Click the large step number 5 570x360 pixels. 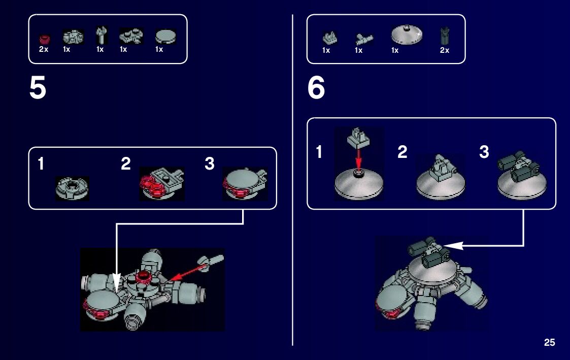point(38,88)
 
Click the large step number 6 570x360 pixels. point(316,88)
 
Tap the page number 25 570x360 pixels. point(549,342)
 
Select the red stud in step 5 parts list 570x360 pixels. point(45,39)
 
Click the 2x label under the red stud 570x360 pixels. point(44,49)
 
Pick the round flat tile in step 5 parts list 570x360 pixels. point(166,37)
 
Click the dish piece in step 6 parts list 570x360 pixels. point(407,35)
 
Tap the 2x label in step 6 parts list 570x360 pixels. point(445,50)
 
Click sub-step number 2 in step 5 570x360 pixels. point(126,163)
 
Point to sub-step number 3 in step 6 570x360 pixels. point(484,152)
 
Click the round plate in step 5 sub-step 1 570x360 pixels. point(72,188)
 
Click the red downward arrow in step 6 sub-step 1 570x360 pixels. point(359,159)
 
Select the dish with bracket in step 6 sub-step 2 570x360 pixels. point(441,177)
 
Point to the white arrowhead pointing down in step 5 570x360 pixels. point(116,282)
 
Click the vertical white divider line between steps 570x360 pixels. point(292,180)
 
